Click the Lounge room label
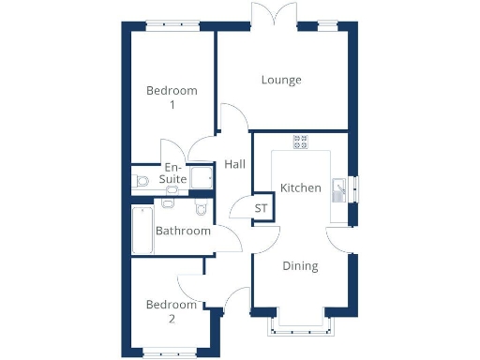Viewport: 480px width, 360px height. [281, 80]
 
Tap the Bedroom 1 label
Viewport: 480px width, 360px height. [172, 97]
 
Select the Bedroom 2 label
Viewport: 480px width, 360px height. [172, 311]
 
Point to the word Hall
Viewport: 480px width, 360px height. [234, 164]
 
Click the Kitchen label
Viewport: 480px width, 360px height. [301, 187]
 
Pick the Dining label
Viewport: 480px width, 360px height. [301, 265]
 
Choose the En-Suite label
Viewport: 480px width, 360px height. [173, 173]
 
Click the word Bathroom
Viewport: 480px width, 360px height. [183, 231]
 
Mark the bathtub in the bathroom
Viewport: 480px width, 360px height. [142, 231]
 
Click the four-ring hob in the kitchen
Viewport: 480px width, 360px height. [302, 142]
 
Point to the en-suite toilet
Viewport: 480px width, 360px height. [142, 180]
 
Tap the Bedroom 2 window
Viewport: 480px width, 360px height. [170, 353]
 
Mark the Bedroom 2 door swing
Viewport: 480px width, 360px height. [191, 285]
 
